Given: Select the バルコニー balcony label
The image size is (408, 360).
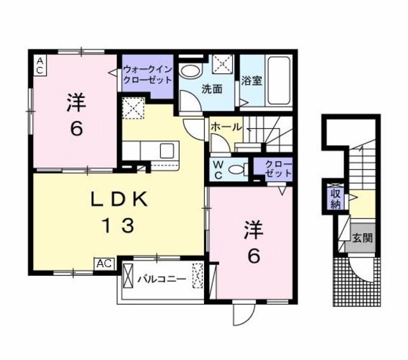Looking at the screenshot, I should (x=162, y=279).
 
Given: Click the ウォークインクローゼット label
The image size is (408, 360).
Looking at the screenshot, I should (x=147, y=75).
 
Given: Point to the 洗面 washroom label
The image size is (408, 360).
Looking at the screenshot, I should (x=212, y=89).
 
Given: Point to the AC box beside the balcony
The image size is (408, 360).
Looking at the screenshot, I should (x=105, y=263).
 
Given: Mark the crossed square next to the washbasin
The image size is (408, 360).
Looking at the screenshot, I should (x=223, y=65).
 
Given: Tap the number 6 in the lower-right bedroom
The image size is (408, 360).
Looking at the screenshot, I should (x=254, y=256).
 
